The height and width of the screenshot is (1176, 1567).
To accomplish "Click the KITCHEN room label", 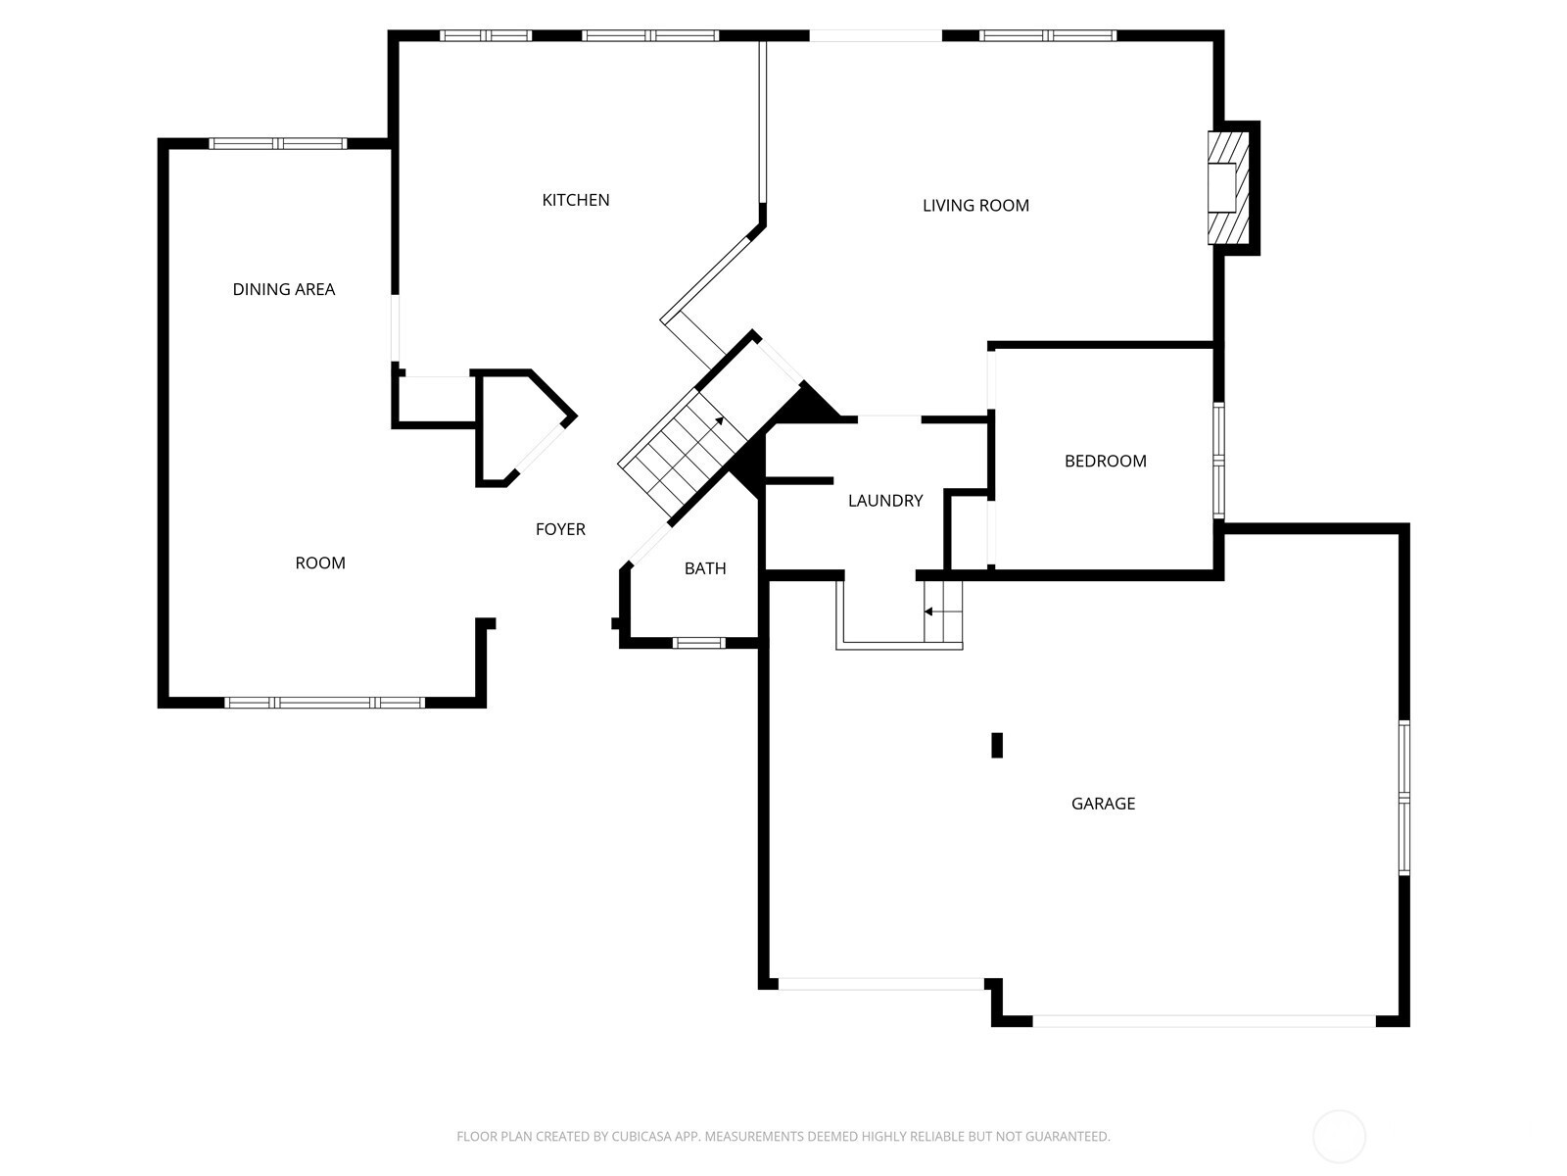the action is [x=576, y=200].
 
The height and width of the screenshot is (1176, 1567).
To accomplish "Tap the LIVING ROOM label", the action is [x=975, y=206].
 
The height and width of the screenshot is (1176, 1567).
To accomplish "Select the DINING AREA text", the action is [x=283, y=289].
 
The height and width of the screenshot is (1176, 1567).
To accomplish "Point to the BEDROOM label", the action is [x=1105, y=462].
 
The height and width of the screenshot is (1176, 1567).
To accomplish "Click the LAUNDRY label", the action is [x=885, y=501].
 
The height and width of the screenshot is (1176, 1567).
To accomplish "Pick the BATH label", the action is [x=704, y=568].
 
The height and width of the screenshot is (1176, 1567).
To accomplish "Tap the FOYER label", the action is [x=560, y=529].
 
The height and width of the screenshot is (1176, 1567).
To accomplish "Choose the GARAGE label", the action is [x=1103, y=804].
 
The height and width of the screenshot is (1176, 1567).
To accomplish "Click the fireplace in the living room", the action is [x=1228, y=188].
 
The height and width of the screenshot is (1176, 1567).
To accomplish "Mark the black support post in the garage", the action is [x=997, y=745].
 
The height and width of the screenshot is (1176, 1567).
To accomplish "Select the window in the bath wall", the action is [x=699, y=643].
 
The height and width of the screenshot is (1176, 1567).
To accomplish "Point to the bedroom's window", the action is [x=1219, y=460].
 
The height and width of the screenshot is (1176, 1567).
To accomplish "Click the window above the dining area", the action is [x=278, y=143].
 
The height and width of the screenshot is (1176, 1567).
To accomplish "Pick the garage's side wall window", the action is [x=1404, y=798].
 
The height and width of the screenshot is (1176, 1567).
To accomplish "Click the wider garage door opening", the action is [x=1204, y=1021].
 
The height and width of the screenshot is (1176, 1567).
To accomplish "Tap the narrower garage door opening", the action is [x=880, y=984].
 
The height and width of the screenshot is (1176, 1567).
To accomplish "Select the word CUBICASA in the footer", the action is [x=641, y=1136].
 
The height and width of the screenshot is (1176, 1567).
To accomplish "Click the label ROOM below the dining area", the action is [x=320, y=563].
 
